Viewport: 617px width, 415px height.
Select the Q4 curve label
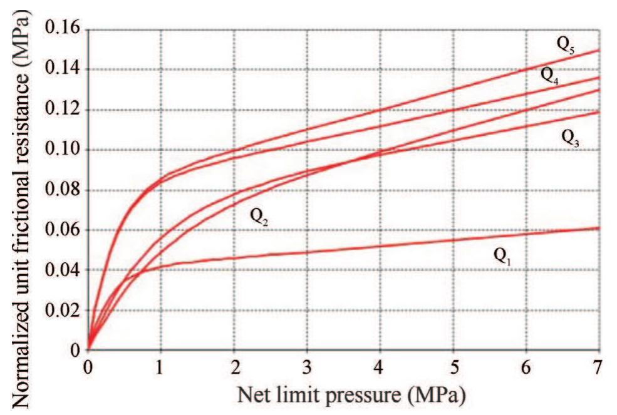point(550,76)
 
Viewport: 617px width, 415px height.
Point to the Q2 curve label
point(260,217)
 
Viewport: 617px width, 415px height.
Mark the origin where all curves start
point(88,350)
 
